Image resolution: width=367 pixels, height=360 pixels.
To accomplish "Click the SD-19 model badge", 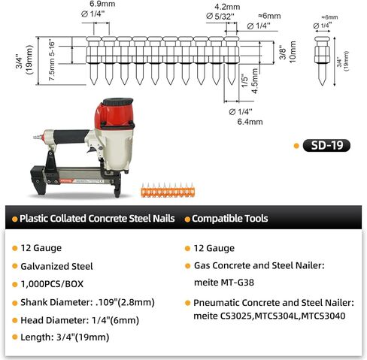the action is (x=326, y=145).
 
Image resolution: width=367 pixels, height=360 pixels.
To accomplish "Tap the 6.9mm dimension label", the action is (x=102, y=4).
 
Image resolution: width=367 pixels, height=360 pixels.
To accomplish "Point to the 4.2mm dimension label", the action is (x=227, y=7).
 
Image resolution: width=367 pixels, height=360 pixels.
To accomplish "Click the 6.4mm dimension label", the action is (x=250, y=122).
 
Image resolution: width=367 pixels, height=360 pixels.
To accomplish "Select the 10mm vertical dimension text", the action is (x=293, y=52).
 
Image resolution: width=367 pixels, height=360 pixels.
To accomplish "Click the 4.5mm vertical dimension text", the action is (x=255, y=81).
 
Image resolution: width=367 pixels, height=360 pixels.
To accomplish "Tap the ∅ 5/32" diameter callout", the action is (x=220, y=17).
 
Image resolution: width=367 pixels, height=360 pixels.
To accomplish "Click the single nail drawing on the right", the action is (x=322, y=61).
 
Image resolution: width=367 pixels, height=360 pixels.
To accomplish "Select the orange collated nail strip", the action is (x=168, y=190).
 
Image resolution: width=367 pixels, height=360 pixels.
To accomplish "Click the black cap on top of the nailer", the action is (x=118, y=101).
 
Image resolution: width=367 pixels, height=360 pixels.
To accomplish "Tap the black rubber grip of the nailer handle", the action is (x=71, y=136).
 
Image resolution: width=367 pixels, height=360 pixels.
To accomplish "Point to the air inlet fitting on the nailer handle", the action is (x=38, y=137).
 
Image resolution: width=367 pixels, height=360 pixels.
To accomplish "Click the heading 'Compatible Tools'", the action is (x=230, y=219).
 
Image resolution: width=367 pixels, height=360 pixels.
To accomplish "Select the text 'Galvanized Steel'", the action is (x=56, y=266).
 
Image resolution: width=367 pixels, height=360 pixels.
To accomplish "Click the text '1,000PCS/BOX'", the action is (x=52, y=284).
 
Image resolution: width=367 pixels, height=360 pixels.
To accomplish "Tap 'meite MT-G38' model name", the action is (x=224, y=283).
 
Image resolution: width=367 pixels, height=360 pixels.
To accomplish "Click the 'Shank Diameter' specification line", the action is (x=87, y=302).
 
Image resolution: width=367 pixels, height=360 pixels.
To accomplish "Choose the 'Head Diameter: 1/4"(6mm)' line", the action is (x=80, y=320).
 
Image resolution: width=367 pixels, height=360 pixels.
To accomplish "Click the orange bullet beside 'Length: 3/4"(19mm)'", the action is (x=15, y=337).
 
